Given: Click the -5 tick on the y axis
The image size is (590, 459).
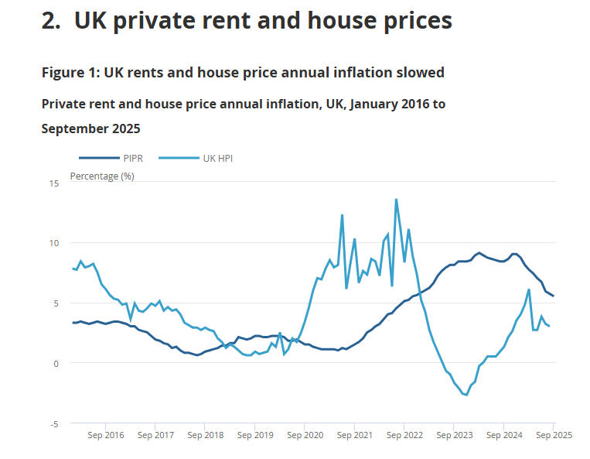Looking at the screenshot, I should pyautogui.click(x=53, y=424).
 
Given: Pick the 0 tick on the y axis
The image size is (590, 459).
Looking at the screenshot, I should pyautogui.click(x=55, y=363).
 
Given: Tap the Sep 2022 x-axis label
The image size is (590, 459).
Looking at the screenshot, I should pyautogui.click(x=404, y=435).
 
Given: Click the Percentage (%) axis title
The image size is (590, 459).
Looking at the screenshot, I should pyautogui.click(x=102, y=176).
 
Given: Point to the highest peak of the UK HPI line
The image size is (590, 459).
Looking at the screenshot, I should pyautogui.click(x=396, y=199).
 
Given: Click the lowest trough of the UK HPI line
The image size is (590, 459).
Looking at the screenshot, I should pyautogui.click(x=466, y=395).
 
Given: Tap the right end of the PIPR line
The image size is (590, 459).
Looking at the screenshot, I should pyautogui.click(x=554, y=296).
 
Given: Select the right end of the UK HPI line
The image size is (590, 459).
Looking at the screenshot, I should pyautogui.click(x=549, y=326).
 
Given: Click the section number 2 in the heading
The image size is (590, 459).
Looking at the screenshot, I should pyautogui.click(x=50, y=21).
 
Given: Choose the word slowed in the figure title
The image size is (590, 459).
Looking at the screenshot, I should pyautogui.click(x=422, y=73).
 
